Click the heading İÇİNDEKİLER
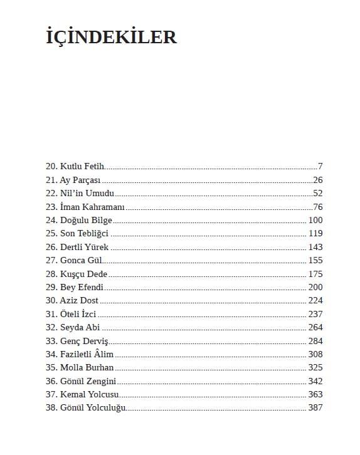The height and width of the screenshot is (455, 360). (x=112, y=37)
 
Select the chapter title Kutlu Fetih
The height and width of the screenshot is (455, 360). (x=82, y=167)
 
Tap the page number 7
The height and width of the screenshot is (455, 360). (x=320, y=167)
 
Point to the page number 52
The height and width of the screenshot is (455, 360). (x=317, y=194)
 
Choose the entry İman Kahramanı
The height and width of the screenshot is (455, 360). (x=93, y=207)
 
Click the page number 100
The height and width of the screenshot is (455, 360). (x=315, y=221)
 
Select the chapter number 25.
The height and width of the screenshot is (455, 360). (x=51, y=234)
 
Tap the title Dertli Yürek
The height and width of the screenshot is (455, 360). (x=84, y=248)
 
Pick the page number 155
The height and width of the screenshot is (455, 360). (x=315, y=261)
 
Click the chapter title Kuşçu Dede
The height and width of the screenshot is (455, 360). (x=84, y=274)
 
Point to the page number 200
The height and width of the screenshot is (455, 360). (x=315, y=288)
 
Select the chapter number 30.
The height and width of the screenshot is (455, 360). (x=51, y=301)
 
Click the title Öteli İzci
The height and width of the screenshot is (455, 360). (x=79, y=314)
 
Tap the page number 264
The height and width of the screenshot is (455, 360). (x=315, y=328)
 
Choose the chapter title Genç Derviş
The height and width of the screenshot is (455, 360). (x=84, y=341)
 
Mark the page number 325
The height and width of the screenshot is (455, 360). (x=315, y=368)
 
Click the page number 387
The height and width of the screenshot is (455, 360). (x=315, y=408)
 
